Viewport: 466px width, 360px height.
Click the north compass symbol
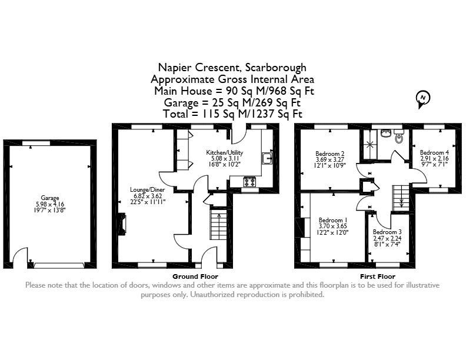pyautogui.click(x=423, y=99)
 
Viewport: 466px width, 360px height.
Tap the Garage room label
pyautogui.click(x=50, y=198)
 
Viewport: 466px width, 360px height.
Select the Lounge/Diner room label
pyautogui.click(x=148, y=189)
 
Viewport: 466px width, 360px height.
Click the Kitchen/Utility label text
pyautogui.click(x=224, y=153)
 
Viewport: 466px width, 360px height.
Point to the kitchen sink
pyautogui.click(x=267, y=158)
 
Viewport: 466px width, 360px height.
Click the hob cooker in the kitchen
pyautogui.click(x=249, y=182)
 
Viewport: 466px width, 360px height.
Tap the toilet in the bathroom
pyautogui.click(x=399, y=137)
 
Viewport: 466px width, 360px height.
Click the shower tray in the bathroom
pyautogui.click(x=370, y=145)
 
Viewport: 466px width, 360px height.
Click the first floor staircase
pyautogui.click(x=401, y=198)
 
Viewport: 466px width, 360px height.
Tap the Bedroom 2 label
pyautogui.click(x=330, y=154)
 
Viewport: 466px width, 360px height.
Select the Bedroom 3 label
pyautogui.click(x=387, y=232)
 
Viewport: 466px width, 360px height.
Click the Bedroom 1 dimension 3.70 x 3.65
pyautogui.click(x=333, y=226)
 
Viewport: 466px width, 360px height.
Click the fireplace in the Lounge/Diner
pyautogui.click(x=122, y=225)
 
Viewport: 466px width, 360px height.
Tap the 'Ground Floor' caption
pyautogui.click(x=195, y=276)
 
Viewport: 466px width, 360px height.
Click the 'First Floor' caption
pyautogui.click(x=378, y=276)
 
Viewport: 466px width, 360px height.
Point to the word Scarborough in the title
pyautogui.click(x=276, y=68)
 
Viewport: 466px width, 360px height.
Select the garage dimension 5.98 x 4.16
pyautogui.click(x=50, y=204)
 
